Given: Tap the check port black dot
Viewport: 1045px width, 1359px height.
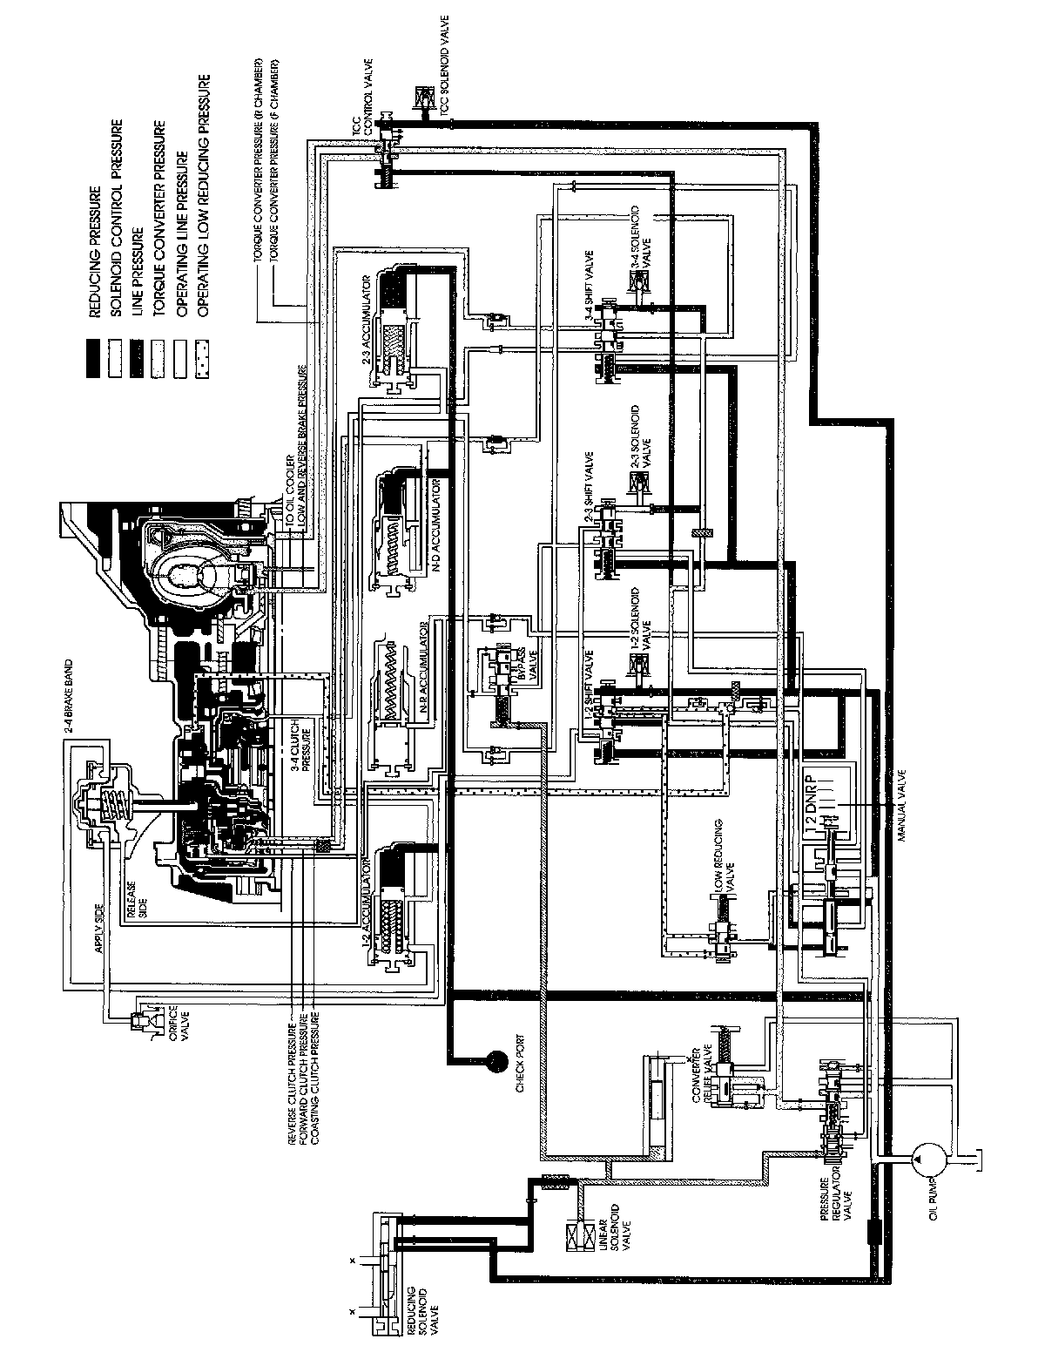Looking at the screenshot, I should (498, 1059).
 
